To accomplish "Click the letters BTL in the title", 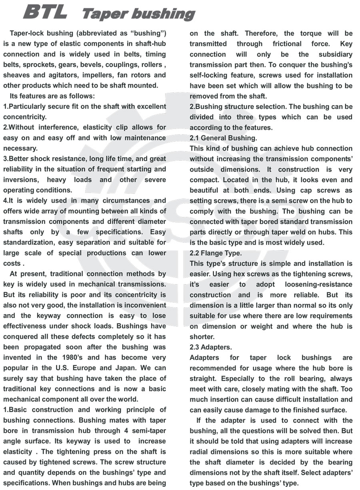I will pos(45,12).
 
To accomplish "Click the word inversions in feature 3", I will pos(22,180).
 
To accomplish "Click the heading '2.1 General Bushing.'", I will pos(223,138).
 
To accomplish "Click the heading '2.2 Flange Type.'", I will pos(216,253).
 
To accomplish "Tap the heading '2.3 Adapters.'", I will pos(211,347).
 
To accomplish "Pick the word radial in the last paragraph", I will pos(201,452).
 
